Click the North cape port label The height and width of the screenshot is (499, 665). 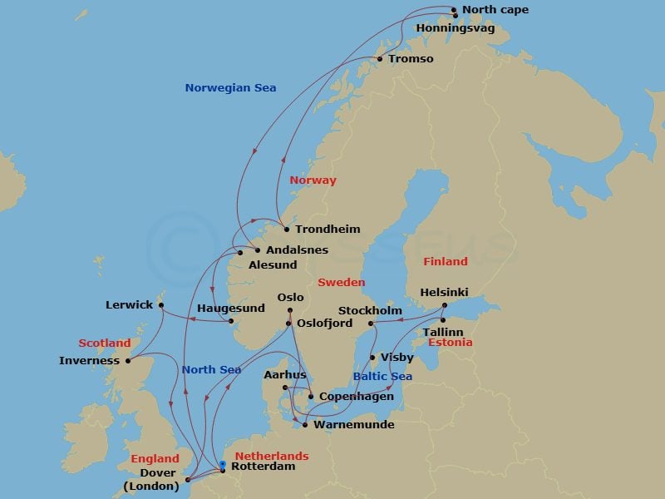495,10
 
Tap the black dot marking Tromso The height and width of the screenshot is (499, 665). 380,59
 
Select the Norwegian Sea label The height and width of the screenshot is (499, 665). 230,87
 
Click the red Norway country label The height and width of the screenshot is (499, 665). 313,180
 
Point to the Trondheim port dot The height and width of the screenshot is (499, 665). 286,230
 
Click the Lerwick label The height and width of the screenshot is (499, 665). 129,305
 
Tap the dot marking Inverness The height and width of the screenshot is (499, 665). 128,361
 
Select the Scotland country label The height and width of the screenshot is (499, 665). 105,343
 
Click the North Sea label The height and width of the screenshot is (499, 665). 211,370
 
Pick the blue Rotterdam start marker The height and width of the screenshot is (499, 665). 223,467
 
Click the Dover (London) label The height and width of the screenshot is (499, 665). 150,480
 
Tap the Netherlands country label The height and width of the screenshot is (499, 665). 272,456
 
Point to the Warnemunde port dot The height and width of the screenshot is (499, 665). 305,425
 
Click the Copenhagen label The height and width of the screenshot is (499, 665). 357,397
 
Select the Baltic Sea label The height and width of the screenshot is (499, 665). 382,377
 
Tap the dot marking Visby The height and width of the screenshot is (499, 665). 372,358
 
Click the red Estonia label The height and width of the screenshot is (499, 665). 451,343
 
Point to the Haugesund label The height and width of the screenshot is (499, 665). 231,309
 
